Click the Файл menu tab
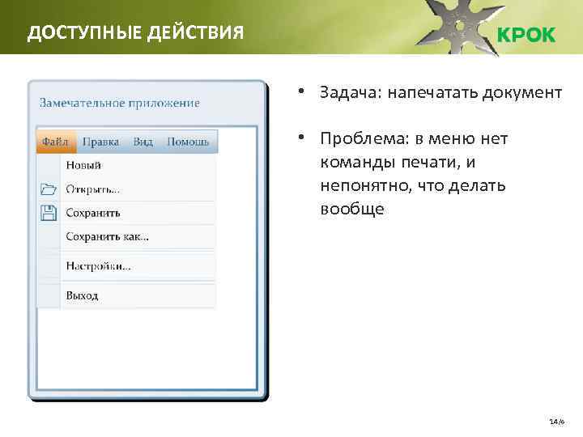(x=55, y=142)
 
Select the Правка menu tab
(x=100, y=142)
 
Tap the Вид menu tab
(x=143, y=142)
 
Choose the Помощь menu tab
(x=188, y=142)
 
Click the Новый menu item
(x=83, y=165)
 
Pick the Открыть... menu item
(x=92, y=189)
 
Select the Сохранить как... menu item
(x=107, y=237)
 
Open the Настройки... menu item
(x=98, y=265)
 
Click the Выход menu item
(x=82, y=295)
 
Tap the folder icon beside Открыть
(x=48, y=189)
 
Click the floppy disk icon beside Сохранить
(x=48, y=213)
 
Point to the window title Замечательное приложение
(x=119, y=103)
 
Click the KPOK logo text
(x=526, y=36)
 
